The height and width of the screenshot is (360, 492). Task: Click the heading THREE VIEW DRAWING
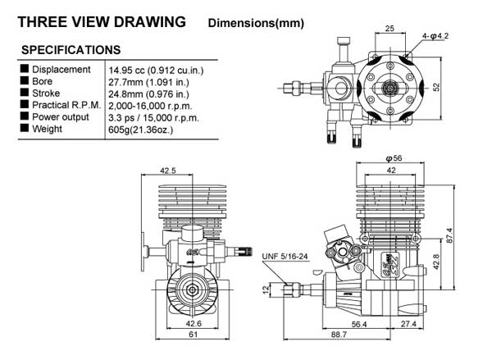tap(102, 22)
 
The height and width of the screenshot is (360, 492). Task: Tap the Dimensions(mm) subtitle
tap(256, 23)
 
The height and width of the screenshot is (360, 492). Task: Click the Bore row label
tap(42, 81)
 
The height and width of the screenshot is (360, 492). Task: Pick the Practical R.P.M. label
tap(66, 105)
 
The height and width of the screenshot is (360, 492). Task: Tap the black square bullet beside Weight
tap(24, 128)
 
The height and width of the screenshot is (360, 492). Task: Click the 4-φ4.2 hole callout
tap(435, 36)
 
